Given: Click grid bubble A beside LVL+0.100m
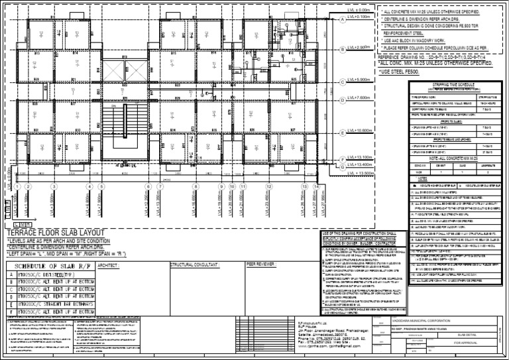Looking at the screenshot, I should [342, 19].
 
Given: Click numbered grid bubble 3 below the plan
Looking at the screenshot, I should [51, 186].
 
